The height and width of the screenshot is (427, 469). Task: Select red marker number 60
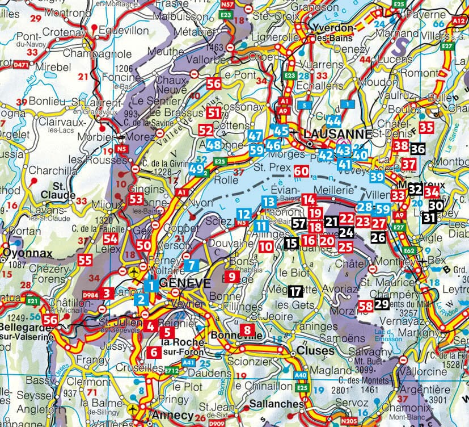coord(301,171)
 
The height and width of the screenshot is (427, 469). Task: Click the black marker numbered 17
coord(294,291)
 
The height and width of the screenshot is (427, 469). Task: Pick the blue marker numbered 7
coord(193,264)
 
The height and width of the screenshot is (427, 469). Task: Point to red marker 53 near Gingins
coord(136,199)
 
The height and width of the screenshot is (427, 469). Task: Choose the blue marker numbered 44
coord(334,120)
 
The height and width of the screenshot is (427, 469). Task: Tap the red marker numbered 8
coord(247,330)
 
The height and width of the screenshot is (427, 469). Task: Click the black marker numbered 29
coord(381,304)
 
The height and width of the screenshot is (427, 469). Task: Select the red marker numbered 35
coord(426,127)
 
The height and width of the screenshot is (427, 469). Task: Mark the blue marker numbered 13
coord(269,201)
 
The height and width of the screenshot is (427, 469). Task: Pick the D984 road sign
coord(90,294)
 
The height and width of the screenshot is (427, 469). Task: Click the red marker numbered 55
coord(86,261)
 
